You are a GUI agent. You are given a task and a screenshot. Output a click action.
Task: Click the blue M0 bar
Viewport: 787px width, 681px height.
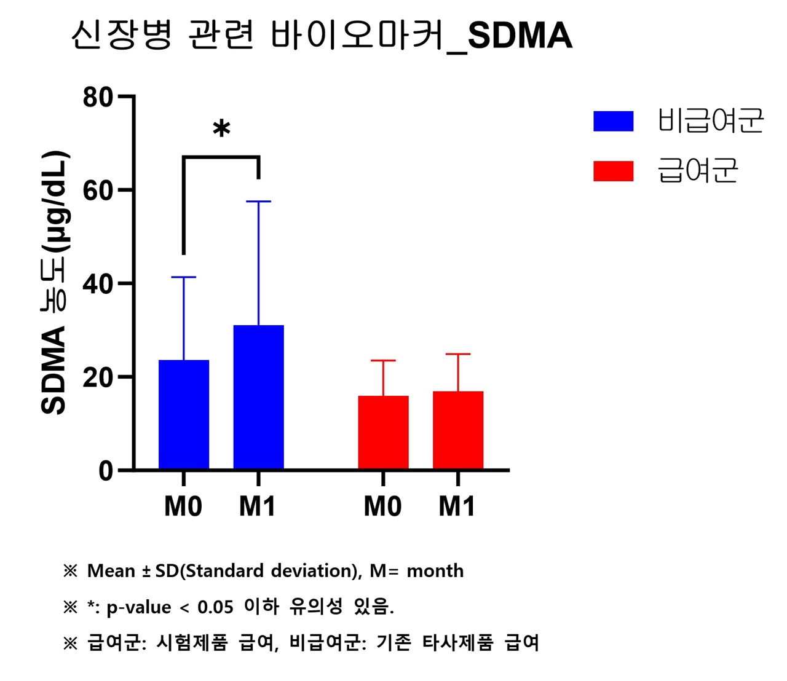(x=183, y=414)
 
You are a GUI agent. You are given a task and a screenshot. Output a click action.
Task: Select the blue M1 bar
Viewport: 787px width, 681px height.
(x=258, y=397)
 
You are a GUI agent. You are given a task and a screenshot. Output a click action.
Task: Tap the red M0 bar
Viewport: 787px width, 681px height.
(x=383, y=432)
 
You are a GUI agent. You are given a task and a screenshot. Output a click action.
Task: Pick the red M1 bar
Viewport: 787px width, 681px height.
(x=458, y=430)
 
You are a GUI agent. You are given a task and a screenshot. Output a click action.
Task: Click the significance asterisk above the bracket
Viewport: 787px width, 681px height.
(x=221, y=130)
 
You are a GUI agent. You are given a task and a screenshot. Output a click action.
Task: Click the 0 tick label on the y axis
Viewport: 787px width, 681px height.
(x=106, y=471)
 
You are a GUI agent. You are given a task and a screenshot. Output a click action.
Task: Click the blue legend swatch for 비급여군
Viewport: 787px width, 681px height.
(x=613, y=121)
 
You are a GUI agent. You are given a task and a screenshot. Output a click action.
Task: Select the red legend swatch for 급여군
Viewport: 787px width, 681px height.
(x=613, y=171)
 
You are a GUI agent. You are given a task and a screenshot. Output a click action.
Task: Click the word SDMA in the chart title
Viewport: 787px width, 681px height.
(x=520, y=36)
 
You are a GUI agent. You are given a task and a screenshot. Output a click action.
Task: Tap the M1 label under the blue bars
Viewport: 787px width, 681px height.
(x=258, y=506)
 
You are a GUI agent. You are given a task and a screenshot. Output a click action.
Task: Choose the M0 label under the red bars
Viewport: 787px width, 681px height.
(x=382, y=506)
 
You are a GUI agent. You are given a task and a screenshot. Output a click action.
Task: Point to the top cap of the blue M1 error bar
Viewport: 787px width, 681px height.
(x=258, y=201)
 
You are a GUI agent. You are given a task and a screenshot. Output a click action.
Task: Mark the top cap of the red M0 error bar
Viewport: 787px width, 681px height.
(x=383, y=360)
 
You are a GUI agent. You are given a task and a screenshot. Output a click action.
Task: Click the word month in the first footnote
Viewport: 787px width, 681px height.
(x=435, y=570)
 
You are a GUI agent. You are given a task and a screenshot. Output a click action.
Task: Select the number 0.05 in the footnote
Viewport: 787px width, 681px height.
(x=215, y=607)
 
